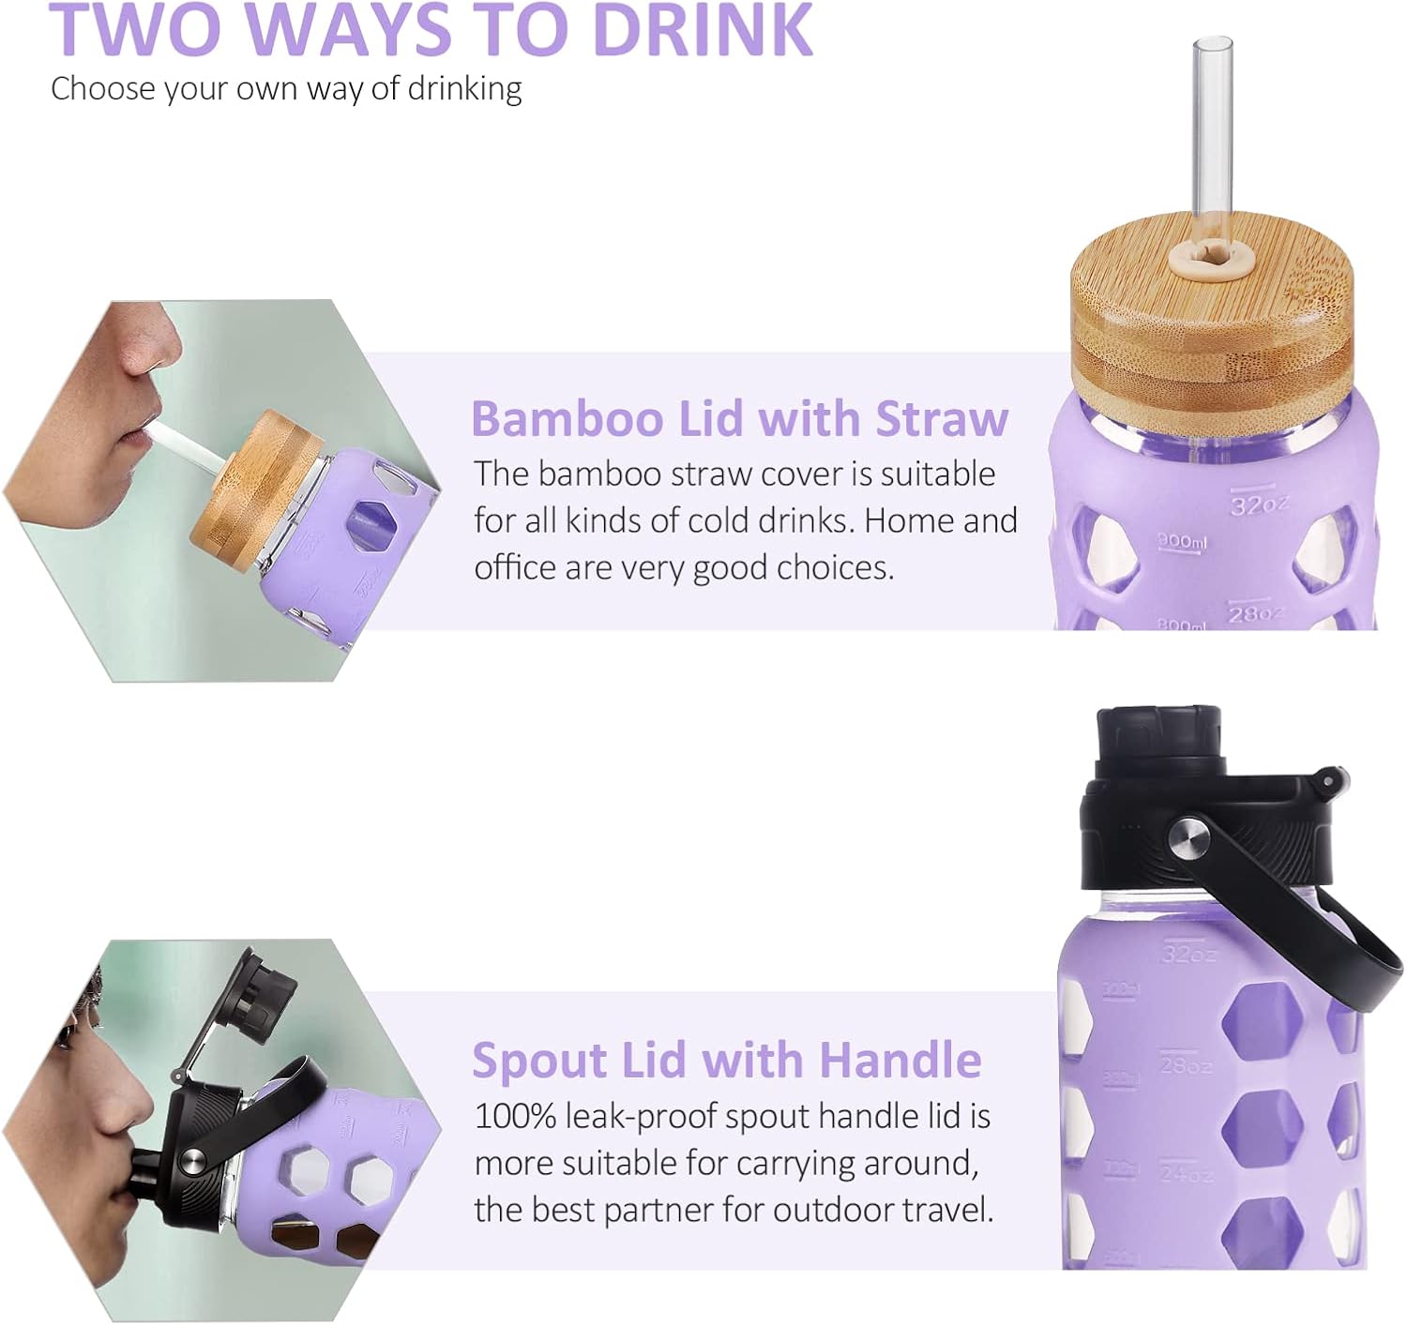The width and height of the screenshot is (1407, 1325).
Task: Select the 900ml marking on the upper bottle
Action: pos(1182,541)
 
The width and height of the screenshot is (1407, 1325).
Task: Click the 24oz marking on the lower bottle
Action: pos(1187,1173)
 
